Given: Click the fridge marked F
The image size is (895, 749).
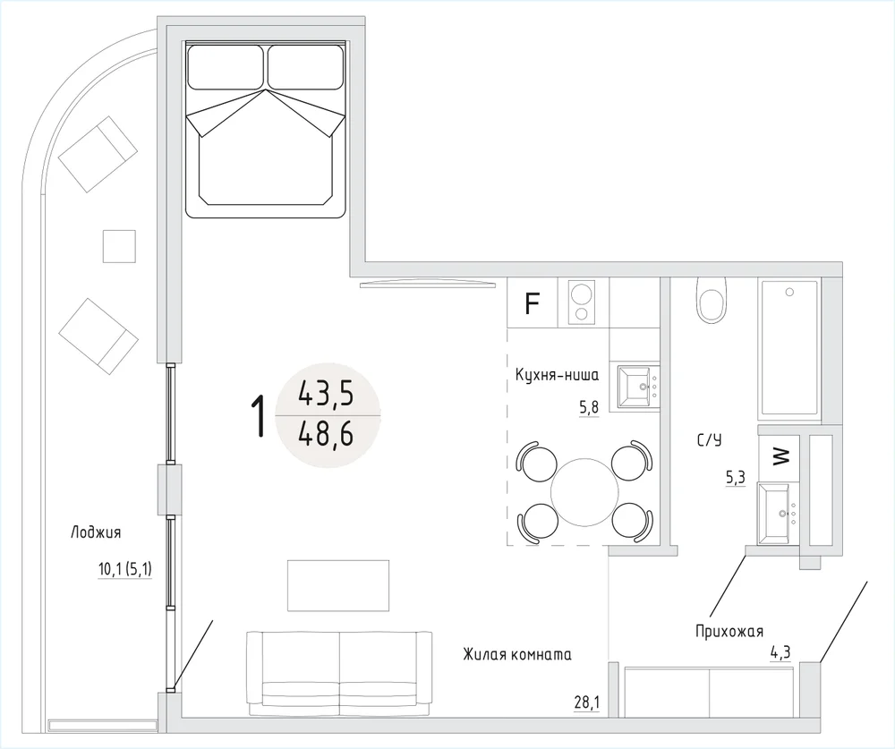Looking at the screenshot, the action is tap(532, 302).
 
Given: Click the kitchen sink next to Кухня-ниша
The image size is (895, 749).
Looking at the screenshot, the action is tap(634, 387).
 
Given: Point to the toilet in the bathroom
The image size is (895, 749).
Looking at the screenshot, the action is tap(712, 299).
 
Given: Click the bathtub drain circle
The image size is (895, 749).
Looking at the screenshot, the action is tap(789, 293).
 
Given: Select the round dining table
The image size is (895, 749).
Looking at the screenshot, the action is tap(584, 491).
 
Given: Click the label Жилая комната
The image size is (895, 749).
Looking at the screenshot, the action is tap(517, 654).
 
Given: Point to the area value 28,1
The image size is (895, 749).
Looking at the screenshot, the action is tap(587, 702).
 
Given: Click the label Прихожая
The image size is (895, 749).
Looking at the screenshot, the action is tap(729, 632).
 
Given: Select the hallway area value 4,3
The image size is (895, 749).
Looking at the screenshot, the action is tap(780, 651).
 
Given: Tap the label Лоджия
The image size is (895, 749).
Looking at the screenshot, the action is tap(96, 532).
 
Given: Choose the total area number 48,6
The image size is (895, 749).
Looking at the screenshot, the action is tap(326, 436).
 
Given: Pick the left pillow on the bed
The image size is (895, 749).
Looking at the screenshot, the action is tap(226, 67).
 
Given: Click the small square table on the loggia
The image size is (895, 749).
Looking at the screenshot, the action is tap(119, 246).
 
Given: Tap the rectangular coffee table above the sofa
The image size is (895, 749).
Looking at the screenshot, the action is tap(338, 585).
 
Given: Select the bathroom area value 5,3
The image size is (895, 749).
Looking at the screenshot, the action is tap(736, 478).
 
